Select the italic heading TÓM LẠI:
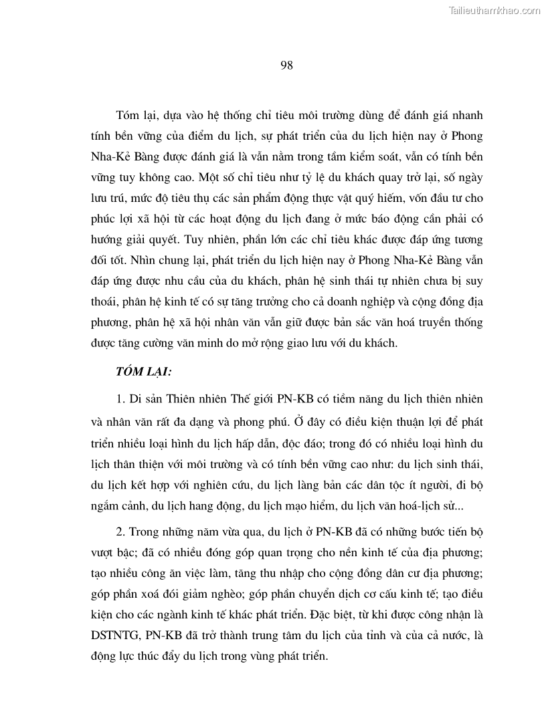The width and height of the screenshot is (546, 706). [145, 370]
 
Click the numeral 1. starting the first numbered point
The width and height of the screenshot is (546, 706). [121, 399]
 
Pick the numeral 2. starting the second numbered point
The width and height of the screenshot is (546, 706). [121, 533]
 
